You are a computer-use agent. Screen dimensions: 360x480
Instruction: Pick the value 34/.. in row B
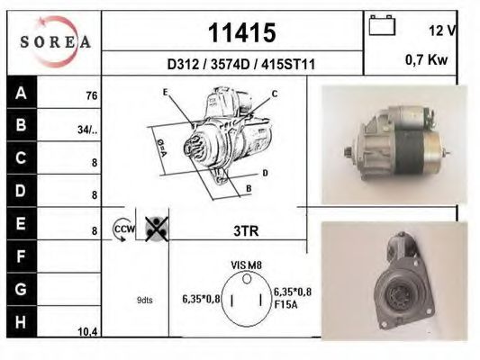pyautogui.click(x=87, y=130)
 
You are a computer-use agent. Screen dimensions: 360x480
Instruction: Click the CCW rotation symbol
pyautogui.click(x=122, y=230)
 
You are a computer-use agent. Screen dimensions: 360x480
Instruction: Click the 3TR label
pyautogui.click(x=245, y=231)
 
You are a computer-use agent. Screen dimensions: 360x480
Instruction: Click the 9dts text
pyautogui.click(x=145, y=301)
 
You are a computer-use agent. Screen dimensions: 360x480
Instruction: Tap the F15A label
pyautogui.click(x=286, y=303)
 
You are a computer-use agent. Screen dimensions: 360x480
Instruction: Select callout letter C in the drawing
pyautogui.click(x=275, y=94)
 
